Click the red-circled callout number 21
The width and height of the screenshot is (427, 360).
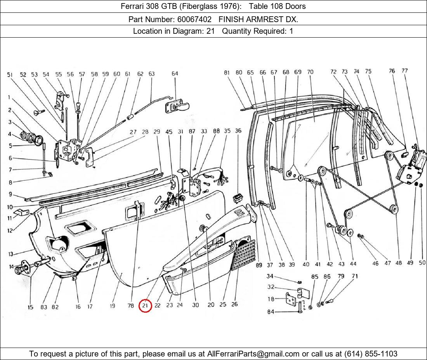click(145, 306)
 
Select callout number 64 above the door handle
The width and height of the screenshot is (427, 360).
click(175, 74)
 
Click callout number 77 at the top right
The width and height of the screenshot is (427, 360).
click(405, 71)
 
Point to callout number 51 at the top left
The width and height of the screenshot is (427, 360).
click(10, 74)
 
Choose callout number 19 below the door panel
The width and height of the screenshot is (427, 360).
click(112, 306)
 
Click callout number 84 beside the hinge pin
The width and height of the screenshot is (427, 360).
click(270, 312)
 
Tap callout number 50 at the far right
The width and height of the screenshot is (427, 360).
click(422, 263)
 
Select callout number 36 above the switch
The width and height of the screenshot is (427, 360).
click(238, 131)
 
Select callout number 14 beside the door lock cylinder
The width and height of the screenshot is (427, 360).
click(11, 267)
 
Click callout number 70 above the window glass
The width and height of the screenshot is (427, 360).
click(310, 72)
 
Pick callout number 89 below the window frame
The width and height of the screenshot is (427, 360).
click(259, 265)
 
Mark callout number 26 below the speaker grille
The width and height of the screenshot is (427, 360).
click(234, 305)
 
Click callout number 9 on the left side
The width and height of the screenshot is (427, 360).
click(10, 195)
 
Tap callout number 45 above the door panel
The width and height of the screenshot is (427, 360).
click(169, 132)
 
